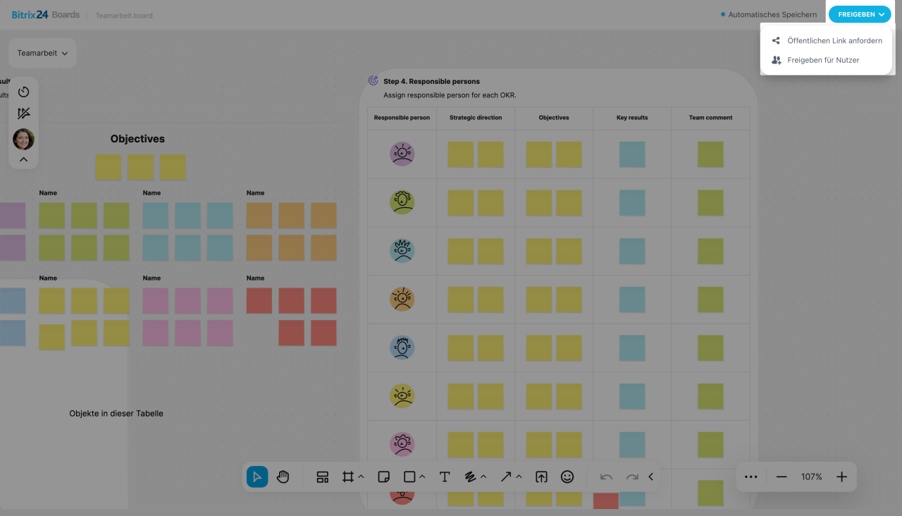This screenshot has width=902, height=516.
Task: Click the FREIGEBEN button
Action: coord(859,14)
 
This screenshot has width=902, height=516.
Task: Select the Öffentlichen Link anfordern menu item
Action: coord(834,41)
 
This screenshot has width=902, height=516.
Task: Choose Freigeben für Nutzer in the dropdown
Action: coord(822,61)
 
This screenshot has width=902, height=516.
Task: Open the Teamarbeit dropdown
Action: coord(42,53)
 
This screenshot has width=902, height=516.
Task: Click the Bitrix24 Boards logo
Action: coord(46,15)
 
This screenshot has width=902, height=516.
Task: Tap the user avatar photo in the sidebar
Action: coord(23,139)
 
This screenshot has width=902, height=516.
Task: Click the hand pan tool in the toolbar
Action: coord(283,477)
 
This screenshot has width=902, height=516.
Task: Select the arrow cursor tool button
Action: coord(257,477)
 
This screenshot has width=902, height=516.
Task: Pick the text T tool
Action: coord(445,477)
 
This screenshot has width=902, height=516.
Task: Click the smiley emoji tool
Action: coord(567,477)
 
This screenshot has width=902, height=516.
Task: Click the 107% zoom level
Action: coord(811,477)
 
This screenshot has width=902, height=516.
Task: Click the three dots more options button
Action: coord(751,477)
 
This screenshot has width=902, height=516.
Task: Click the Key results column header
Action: coord(632,118)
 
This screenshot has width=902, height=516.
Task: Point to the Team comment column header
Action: coord(710,118)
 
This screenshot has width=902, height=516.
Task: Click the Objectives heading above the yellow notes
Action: coord(137,139)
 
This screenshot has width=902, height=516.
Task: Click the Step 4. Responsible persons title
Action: coord(431,82)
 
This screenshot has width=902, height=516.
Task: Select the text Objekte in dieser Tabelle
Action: coord(116,414)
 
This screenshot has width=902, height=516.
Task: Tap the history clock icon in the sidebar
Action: coord(23,92)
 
